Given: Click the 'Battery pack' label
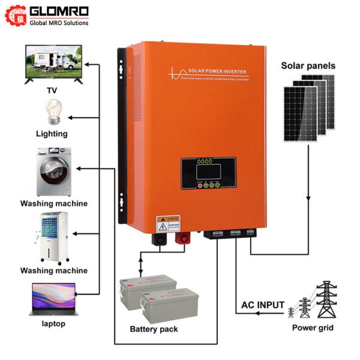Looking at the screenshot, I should (x=154, y=329).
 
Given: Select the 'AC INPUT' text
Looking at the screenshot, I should (x=263, y=305).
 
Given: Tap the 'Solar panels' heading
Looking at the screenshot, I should (x=308, y=66).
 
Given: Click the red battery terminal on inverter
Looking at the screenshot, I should (x=180, y=239).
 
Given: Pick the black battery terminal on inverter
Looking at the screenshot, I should (x=160, y=238).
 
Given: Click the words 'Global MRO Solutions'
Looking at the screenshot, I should (x=59, y=23).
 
